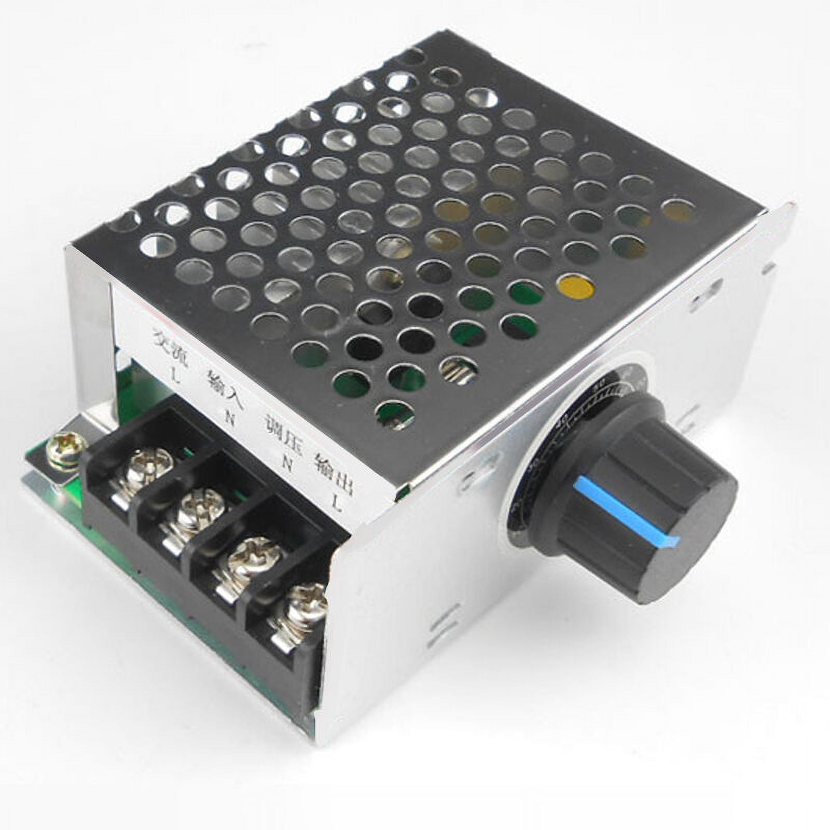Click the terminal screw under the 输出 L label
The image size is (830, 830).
306,602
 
